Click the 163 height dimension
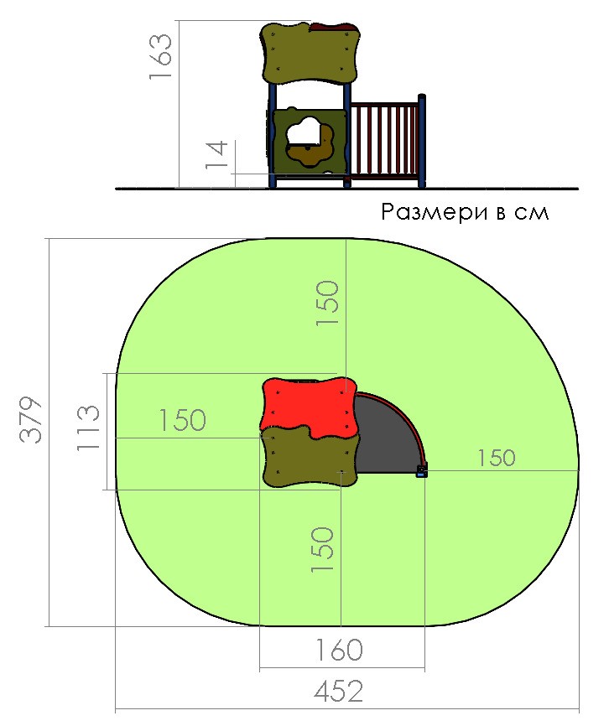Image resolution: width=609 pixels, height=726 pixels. [161, 56]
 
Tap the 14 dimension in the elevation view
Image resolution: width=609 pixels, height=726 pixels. [216, 154]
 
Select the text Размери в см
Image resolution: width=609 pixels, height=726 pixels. [465, 212]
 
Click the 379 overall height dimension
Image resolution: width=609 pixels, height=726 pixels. [31, 420]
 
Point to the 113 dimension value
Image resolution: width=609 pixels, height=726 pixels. [88, 428]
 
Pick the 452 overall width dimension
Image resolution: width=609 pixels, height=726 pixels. [338, 692]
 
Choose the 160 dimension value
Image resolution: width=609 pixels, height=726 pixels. [339, 649]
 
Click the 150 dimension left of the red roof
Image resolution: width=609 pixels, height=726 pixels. [182, 420]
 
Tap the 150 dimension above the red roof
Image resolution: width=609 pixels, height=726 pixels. [327, 303]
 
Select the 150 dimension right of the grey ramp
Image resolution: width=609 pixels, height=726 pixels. [496, 458]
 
